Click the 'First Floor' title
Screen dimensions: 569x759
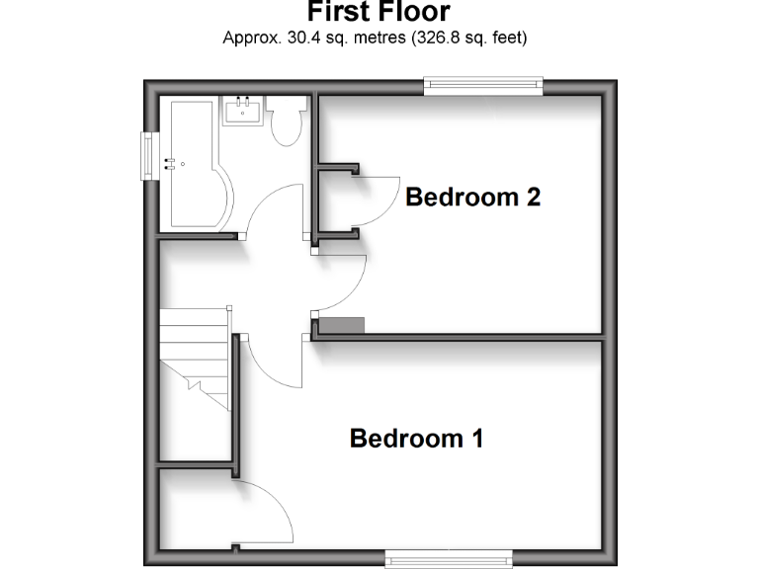point(379,13)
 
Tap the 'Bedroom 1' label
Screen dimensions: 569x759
point(416,438)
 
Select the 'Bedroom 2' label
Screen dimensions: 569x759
point(472,197)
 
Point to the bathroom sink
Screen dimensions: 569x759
point(242,112)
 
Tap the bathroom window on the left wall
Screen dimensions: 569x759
point(147,158)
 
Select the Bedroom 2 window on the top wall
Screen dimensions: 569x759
point(483,87)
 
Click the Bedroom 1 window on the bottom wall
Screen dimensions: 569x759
point(449,558)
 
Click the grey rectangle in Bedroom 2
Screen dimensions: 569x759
point(342,326)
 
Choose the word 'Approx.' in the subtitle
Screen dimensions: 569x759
point(247,40)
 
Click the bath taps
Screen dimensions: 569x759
point(170,163)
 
